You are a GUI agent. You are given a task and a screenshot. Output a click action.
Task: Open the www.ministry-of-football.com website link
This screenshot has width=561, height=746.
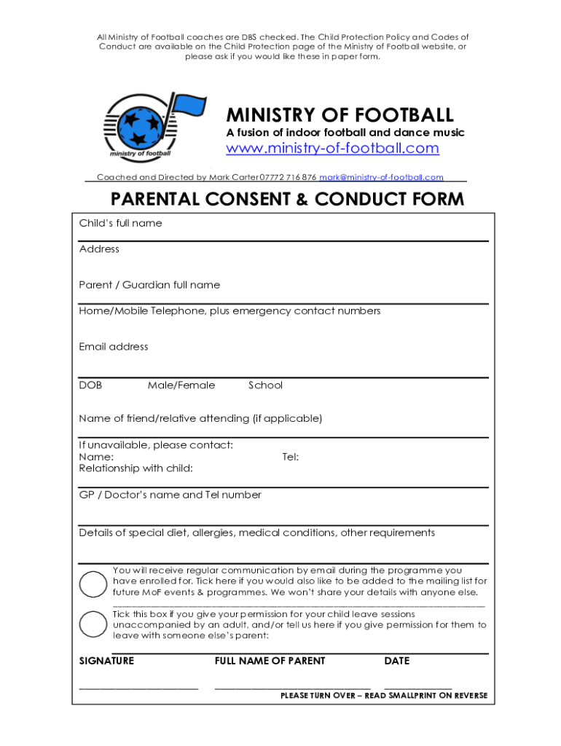pos(333,149)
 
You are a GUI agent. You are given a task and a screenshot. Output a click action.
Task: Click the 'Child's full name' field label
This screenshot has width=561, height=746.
pos(120,223)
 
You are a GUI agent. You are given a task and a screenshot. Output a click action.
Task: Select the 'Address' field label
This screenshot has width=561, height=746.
pos(99,249)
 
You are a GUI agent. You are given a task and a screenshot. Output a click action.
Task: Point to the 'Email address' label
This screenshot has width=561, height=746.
pos(114,347)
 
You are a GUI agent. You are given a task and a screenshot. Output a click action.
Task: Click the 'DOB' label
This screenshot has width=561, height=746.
pos(90,385)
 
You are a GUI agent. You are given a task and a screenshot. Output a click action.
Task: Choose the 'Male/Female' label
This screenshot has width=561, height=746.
pos(181,385)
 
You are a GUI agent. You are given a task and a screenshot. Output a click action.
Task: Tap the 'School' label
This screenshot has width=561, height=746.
pos(265,385)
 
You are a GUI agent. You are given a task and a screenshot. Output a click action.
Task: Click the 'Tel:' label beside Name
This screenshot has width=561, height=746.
pos(290,457)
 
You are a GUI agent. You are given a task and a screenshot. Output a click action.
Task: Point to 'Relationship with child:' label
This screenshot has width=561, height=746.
pos(136,468)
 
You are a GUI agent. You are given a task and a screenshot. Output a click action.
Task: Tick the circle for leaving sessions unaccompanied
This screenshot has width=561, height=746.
pos(93,625)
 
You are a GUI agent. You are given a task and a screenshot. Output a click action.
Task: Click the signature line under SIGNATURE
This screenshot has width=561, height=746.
pos(138,687)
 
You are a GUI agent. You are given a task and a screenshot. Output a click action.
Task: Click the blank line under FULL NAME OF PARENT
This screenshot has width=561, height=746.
pos(292,687)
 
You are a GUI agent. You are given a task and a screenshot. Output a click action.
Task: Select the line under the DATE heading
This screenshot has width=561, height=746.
pos(417,687)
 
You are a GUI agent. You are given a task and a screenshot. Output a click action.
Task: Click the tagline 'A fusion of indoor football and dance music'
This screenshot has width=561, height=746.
pos(345,133)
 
